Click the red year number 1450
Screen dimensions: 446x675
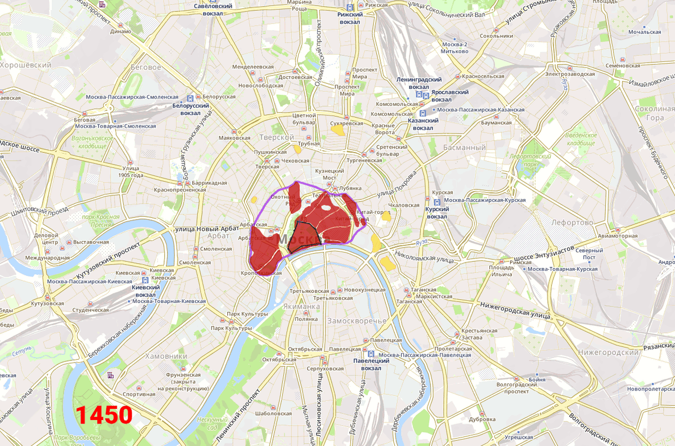104,416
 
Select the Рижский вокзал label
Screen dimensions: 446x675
349,18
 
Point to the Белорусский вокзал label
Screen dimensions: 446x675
191,109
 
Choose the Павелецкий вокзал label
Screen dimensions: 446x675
371,364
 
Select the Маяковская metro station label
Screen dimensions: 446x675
234,138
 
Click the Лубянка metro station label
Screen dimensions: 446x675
348,188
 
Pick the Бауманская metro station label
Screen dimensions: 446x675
496,123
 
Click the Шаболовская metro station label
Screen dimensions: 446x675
273,413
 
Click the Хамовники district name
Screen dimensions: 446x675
166,356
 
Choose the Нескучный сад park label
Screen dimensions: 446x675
212,423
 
